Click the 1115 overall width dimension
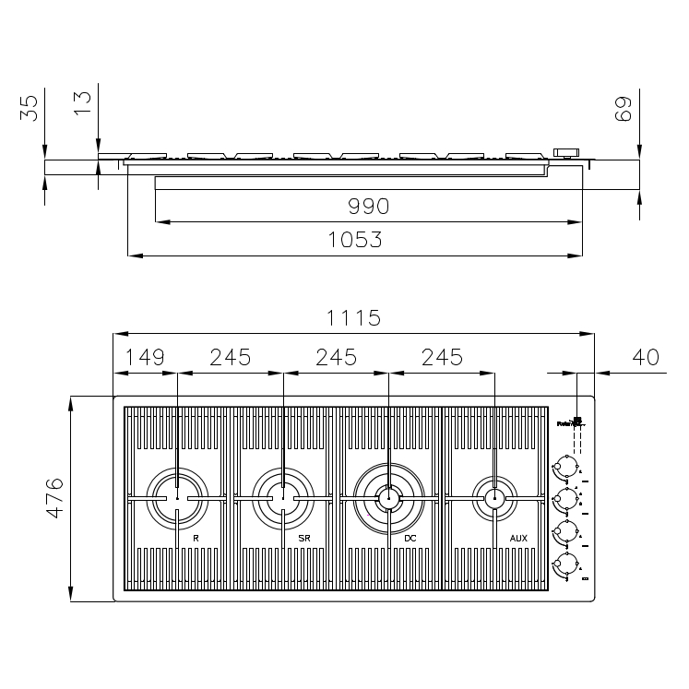(353, 318)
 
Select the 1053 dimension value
(355, 240)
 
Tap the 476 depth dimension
(54, 499)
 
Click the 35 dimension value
(31, 109)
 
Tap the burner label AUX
(518, 537)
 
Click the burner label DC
(410, 537)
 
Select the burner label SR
(303, 537)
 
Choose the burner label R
(196, 537)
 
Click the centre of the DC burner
(388, 499)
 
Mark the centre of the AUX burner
(494, 499)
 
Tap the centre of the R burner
(177, 499)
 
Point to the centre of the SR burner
(282, 499)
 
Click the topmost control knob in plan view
(565, 466)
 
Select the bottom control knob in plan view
(565, 564)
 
